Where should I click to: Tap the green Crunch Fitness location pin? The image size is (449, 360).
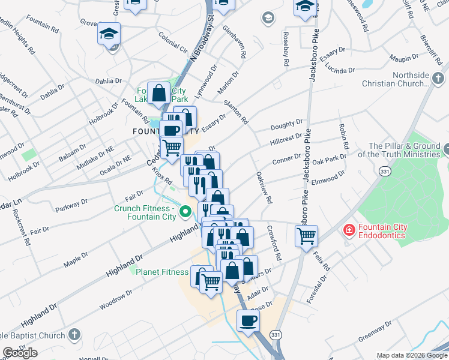click(x=185, y=211)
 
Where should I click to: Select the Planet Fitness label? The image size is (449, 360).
click(x=162, y=272)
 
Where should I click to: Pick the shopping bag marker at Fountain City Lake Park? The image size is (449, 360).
click(x=159, y=94)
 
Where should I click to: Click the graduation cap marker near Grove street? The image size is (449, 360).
click(x=109, y=34)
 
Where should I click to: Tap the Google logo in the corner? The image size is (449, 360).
click(x=20, y=353)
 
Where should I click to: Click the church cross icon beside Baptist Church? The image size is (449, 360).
click(x=74, y=334)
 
